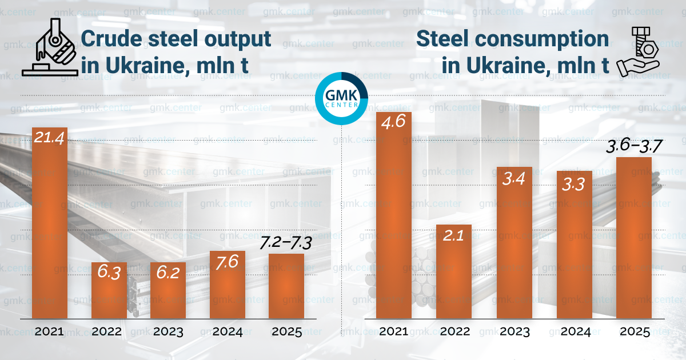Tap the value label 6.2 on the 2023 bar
click(167, 273)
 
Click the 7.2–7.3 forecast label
click(285, 243)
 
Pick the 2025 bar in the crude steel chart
click(286, 286)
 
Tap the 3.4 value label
click(514, 179)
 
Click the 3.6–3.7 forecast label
click(633, 146)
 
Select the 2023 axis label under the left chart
click(167, 332)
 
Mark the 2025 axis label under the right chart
click(635, 332)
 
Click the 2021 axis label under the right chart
click(393, 332)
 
